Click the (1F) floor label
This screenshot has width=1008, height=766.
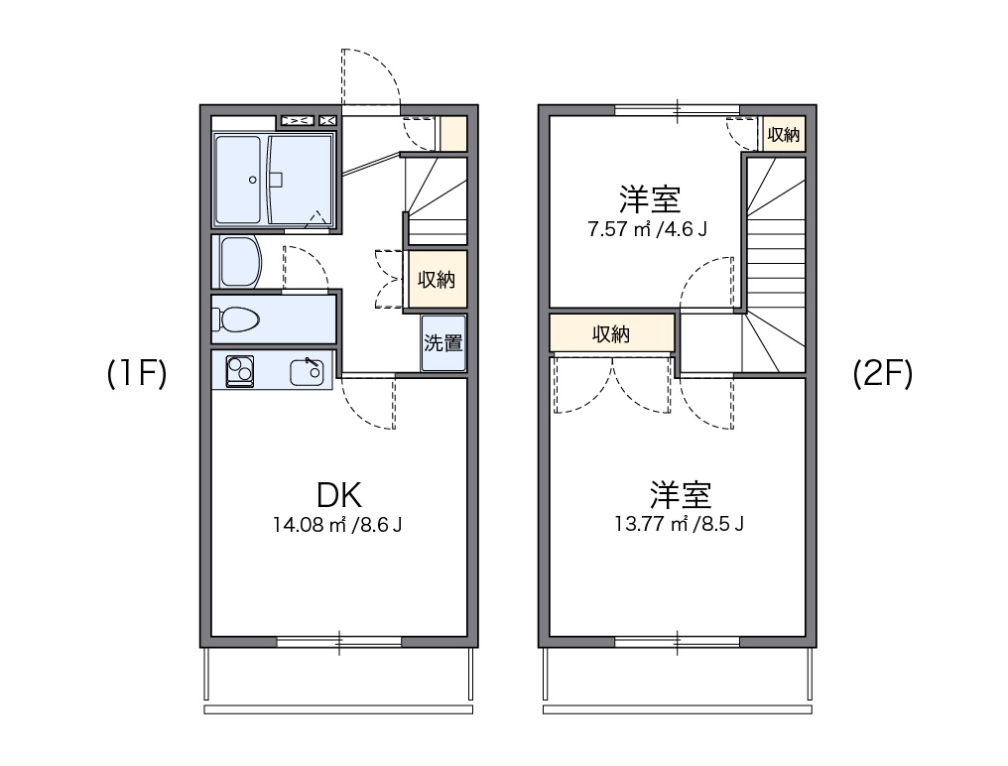pos(137,373)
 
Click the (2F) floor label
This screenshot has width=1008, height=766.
pos(882,373)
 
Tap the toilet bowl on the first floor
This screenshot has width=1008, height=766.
pos(238,319)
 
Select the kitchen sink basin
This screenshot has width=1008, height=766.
pos(305,373)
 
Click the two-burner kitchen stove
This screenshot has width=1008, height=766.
pos(239,370)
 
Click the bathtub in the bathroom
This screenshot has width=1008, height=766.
pos(238,180)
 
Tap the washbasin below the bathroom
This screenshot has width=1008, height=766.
pos(238,261)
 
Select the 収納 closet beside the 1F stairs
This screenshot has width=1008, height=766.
pos(436,280)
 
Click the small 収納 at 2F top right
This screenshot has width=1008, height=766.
pos(784,135)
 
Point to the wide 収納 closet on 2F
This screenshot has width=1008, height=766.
pos(612,334)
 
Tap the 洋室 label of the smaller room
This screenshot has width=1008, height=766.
pos(649,199)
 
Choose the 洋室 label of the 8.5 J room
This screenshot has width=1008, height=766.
pos(681,493)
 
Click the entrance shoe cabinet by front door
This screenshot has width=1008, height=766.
pos(452,134)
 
